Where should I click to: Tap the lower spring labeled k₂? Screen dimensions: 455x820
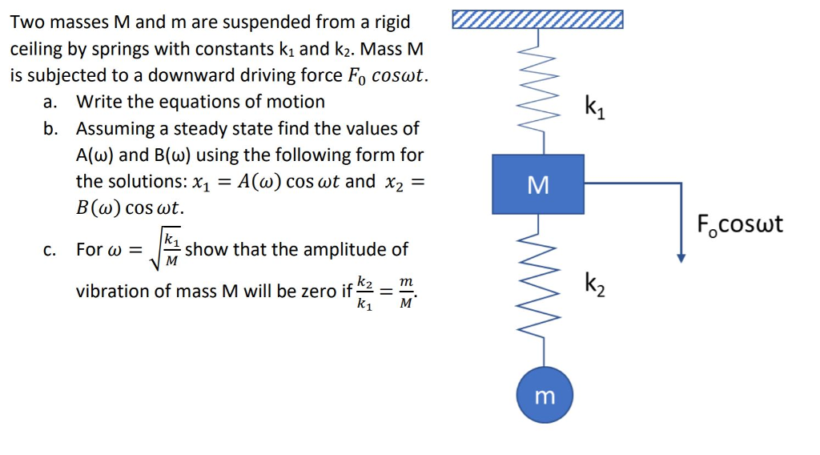[545, 280]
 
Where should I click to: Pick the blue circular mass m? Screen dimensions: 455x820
[545, 396]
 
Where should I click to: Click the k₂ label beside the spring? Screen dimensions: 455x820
[595, 284]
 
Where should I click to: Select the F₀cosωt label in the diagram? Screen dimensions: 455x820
[739, 223]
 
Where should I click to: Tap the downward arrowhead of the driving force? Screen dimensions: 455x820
[681, 257]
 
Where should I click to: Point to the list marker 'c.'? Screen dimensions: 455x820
[50, 250]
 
